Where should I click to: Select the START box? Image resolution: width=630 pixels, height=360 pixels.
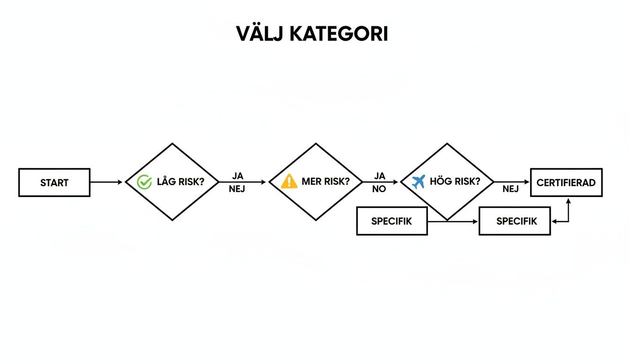(x=54, y=182)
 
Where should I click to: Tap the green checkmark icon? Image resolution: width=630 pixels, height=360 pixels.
(x=144, y=182)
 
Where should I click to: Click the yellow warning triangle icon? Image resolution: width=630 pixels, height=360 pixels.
(x=289, y=181)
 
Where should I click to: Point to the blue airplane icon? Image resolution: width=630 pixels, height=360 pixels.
(x=418, y=181)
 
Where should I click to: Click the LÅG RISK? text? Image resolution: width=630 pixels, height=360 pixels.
(x=180, y=182)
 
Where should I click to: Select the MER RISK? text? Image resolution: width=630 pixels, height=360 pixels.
(x=325, y=182)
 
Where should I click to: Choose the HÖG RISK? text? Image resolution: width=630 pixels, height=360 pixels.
(x=455, y=182)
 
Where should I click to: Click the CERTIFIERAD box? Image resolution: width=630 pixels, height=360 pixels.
(x=566, y=182)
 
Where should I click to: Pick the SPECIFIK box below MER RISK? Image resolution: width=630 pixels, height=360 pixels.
(x=392, y=221)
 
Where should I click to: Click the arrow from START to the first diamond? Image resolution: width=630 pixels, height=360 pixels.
(x=107, y=182)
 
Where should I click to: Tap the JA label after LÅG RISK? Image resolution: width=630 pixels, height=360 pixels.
(x=238, y=176)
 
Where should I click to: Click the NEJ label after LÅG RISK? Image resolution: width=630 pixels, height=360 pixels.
(x=237, y=190)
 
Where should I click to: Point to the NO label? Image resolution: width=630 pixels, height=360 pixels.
(x=379, y=190)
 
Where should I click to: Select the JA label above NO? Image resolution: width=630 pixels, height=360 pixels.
(x=380, y=176)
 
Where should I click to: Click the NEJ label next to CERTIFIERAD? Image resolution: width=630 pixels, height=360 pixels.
(x=510, y=190)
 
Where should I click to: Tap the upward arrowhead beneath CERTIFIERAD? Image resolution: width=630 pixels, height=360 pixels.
(x=569, y=201)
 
